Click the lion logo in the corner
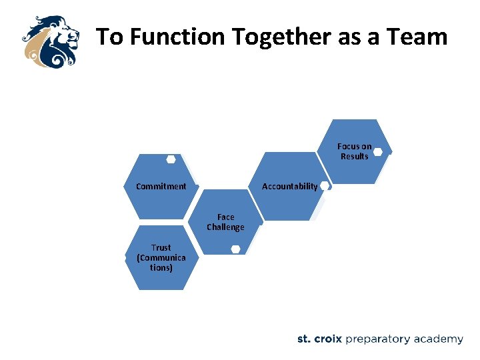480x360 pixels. click(x=49, y=41)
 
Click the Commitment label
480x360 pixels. click(x=161, y=187)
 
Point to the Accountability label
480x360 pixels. click(x=290, y=187)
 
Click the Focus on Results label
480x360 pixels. click(x=354, y=151)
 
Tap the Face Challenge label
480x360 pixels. click(x=225, y=222)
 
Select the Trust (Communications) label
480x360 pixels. click(x=161, y=257)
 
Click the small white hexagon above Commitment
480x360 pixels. click(x=171, y=159)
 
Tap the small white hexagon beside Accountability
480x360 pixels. click(x=325, y=186)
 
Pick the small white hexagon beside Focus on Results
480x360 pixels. click(x=378, y=152)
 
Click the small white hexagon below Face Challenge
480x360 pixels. click(x=235, y=249)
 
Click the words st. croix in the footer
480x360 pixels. click(x=319, y=339)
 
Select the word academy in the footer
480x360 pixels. click(x=438, y=339)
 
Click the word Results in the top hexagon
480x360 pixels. click(x=354, y=157)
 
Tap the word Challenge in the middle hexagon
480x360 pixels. click(x=225, y=227)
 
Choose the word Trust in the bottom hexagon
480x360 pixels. click(x=161, y=247)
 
